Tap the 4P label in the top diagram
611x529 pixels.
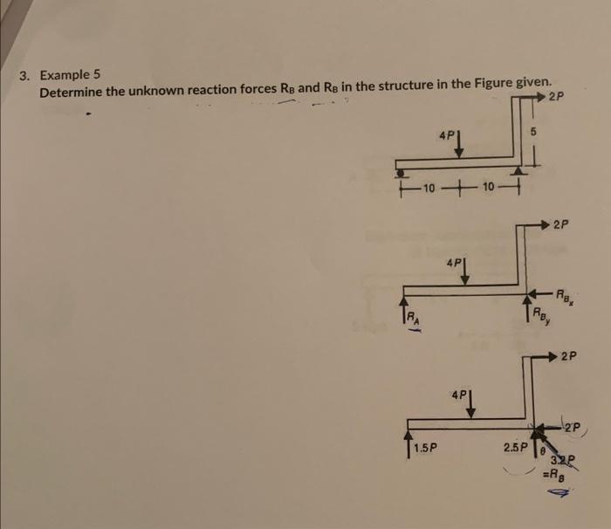click(x=447, y=136)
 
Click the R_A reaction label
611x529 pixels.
click(x=410, y=318)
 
